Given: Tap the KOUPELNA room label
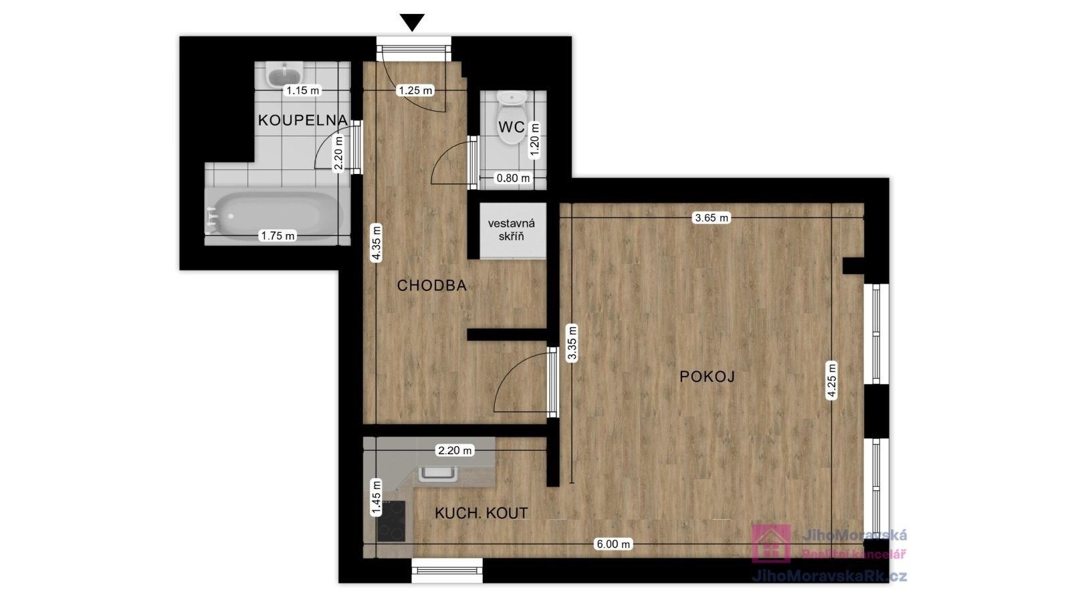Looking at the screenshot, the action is [x=303, y=120].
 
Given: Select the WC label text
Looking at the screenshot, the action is [x=512, y=127].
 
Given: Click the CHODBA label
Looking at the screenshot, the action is [x=432, y=286].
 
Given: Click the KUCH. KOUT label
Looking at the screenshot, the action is [x=481, y=513].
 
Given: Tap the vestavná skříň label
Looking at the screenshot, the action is [x=512, y=230].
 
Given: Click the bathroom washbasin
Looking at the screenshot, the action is [x=285, y=75].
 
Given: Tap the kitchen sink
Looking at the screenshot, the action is [x=438, y=474].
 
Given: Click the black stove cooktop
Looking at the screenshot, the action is [x=391, y=521].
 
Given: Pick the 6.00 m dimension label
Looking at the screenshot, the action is [x=613, y=544].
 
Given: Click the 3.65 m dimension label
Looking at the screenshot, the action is [x=712, y=218].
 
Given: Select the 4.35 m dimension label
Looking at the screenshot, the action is [x=377, y=243].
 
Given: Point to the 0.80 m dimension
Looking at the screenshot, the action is [x=514, y=178].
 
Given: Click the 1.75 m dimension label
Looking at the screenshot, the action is [x=278, y=235].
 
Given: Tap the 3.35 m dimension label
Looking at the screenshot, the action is [x=572, y=343].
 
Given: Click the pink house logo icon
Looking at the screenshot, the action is [x=771, y=544].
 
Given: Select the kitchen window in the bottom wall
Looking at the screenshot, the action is [x=447, y=571].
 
